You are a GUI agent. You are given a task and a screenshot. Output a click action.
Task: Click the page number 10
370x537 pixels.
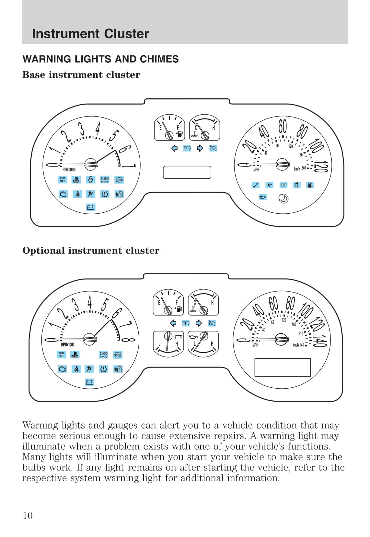28,515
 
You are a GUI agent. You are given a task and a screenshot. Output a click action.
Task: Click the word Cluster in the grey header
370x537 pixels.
126,34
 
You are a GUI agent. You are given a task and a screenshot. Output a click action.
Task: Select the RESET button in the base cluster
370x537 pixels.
283,185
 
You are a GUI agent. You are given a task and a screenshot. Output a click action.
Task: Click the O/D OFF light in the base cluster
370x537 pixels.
63,180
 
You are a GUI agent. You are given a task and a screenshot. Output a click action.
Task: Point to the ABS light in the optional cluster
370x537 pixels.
118,355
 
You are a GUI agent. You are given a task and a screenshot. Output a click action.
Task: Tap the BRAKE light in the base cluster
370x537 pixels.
105,180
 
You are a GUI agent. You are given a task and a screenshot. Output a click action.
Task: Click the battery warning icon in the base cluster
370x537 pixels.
91,207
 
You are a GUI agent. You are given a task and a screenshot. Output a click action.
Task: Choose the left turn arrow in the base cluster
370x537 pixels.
174,148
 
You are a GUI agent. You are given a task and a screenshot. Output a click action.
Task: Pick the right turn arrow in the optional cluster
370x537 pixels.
199,323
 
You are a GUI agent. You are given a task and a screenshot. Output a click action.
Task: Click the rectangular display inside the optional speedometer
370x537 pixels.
283,367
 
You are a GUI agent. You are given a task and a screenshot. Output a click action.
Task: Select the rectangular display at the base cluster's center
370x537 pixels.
187,172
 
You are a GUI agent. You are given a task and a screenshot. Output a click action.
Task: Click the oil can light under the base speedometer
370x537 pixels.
263,197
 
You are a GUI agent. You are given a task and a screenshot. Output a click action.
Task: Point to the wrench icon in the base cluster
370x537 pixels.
256,185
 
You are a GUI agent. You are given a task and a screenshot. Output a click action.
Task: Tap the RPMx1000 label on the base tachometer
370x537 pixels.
69,170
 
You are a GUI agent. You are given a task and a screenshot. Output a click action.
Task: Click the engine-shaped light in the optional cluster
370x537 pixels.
62,369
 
